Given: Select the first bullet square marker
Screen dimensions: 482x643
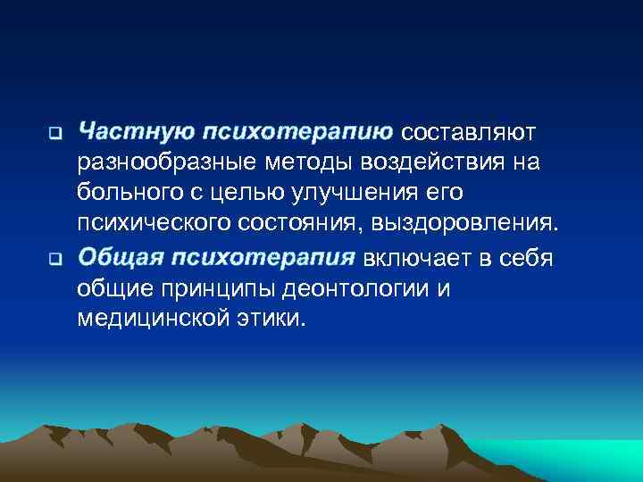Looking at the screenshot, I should click(54, 136).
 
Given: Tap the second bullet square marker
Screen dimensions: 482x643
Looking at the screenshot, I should click(54, 261).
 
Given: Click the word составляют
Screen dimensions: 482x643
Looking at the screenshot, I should click(469, 133).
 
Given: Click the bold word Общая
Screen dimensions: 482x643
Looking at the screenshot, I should click(121, 258).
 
